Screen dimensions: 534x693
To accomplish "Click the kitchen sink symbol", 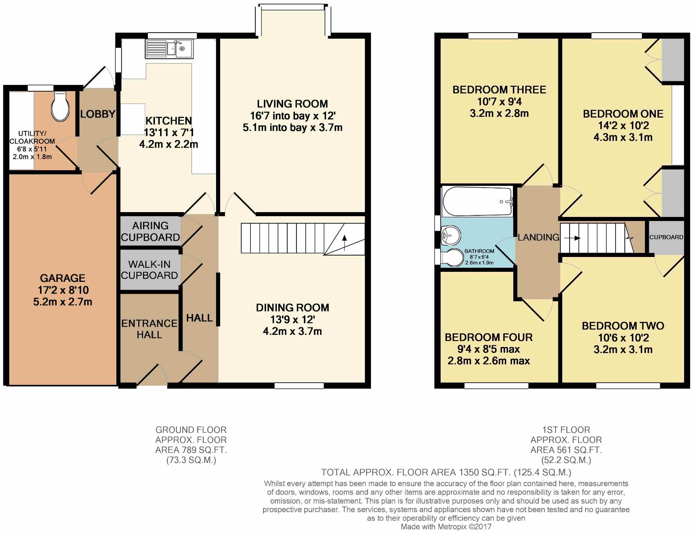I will point(169,49).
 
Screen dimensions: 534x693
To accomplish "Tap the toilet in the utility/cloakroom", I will point(60,107).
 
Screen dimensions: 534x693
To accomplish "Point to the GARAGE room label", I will point(63,278).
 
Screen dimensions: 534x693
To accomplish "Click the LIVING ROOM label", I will point(292,104).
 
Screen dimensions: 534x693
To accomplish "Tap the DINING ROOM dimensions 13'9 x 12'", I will point(292,319).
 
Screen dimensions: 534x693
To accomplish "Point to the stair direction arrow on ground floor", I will point(345,243).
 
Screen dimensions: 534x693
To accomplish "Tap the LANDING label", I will point(538,237).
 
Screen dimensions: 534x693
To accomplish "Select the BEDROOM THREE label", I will point(499,90).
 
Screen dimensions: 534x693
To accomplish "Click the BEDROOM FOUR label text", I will point(488,337).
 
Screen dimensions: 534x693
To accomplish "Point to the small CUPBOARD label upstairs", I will point(666,237).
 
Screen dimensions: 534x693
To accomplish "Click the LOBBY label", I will point(97,114).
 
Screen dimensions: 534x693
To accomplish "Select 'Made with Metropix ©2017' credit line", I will point(446,527).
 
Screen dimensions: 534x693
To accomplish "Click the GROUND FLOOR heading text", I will point(191,430).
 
